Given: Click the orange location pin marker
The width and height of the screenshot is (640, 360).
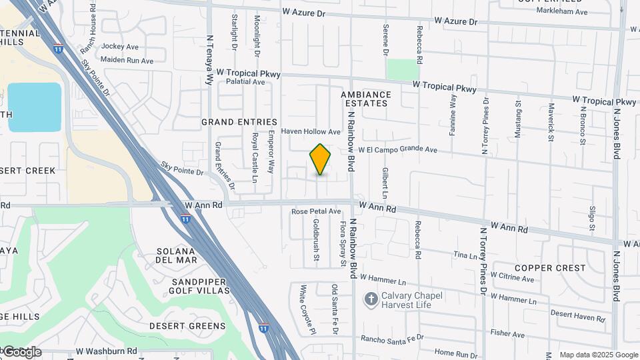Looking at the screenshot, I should [320, 159].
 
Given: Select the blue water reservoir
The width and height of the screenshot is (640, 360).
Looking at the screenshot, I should [34, 107].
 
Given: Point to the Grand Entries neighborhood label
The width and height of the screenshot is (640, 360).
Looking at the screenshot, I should [239, 122].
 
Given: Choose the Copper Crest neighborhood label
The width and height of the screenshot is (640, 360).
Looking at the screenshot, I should [550, 268].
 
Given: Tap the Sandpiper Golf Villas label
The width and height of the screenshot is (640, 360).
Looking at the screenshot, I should [190, 286].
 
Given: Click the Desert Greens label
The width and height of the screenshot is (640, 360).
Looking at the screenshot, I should [187, 326].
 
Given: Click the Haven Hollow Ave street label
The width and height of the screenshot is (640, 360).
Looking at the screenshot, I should [311, 131].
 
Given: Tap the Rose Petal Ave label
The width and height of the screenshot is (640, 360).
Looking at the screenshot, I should [316, 211].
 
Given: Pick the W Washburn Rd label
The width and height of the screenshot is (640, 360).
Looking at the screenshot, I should [106, 351].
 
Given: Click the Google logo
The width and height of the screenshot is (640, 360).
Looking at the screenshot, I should [21, 352].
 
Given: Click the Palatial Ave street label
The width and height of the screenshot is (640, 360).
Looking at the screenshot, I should [245, 82].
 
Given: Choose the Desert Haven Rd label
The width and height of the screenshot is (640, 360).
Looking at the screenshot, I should [577, 313].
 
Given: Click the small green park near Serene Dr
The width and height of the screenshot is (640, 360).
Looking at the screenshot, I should [403, 69].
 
